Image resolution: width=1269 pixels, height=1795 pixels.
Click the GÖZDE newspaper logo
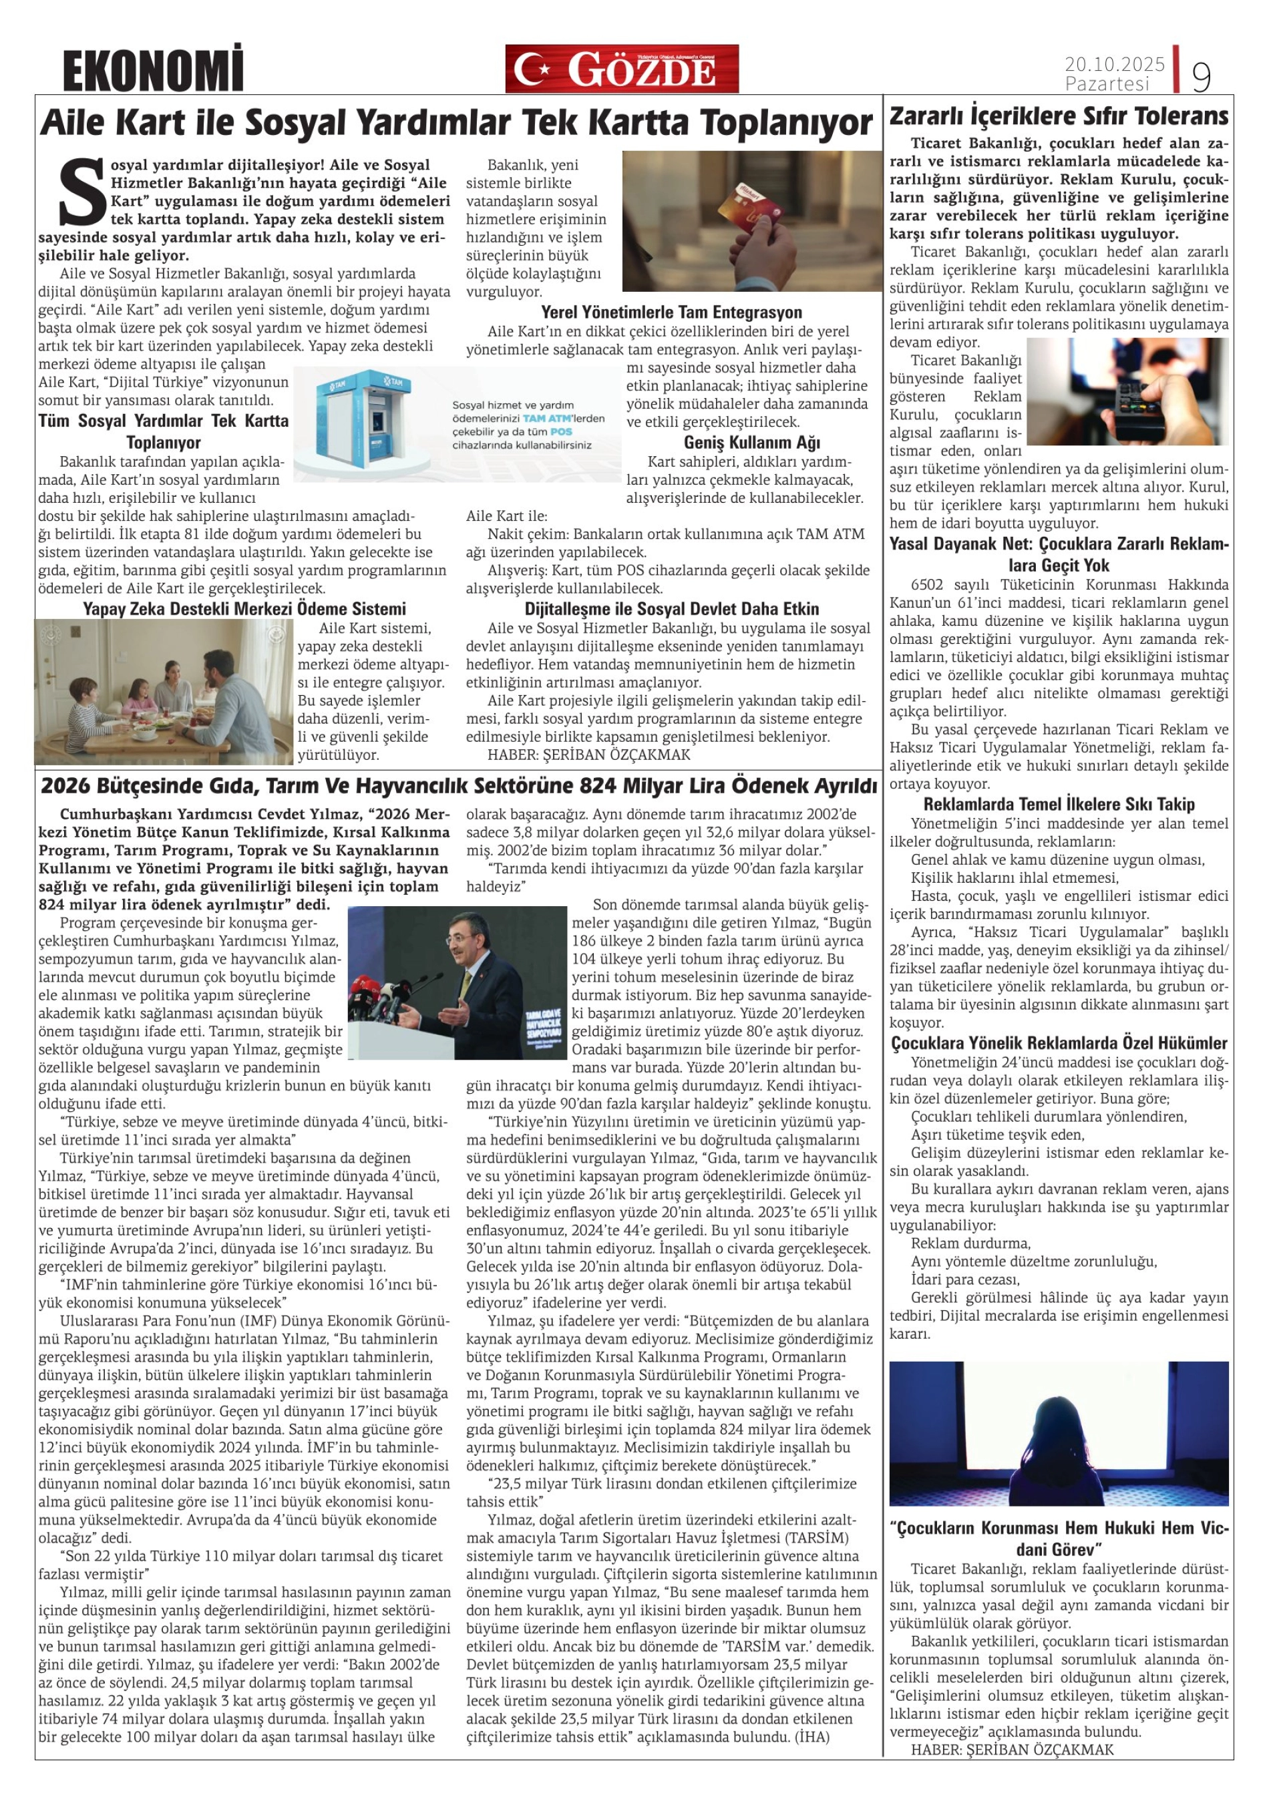point(622,69)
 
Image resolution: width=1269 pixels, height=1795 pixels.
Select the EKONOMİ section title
point(153,70)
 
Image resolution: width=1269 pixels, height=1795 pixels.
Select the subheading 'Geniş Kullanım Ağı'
point(751,443)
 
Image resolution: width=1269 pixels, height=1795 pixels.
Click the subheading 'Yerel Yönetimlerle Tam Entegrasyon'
point(672,313)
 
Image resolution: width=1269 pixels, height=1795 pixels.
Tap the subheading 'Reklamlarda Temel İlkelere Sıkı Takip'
point(1059,805)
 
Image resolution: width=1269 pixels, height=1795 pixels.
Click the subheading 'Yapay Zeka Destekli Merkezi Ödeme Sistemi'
point(244,608)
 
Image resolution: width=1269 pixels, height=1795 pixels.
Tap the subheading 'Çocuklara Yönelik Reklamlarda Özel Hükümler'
point(1059,1043)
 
